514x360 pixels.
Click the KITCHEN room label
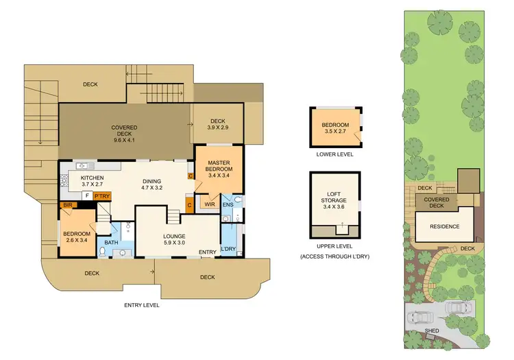pos(91,178)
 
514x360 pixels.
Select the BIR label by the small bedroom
pos(68,205)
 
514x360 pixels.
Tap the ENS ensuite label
pos(228,204)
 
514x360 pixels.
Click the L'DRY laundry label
pos(229,248)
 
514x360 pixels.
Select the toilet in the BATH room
pos(102,252)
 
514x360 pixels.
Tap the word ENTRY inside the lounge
pos(208,252)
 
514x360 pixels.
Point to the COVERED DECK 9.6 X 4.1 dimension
pos(125,139)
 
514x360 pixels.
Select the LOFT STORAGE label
pos(335,200)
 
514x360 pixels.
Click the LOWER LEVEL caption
pos(335,154)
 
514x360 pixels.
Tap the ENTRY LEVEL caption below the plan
pos(141,304)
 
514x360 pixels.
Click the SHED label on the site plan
pos(432,331)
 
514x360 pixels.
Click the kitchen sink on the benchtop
pos(86,165)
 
